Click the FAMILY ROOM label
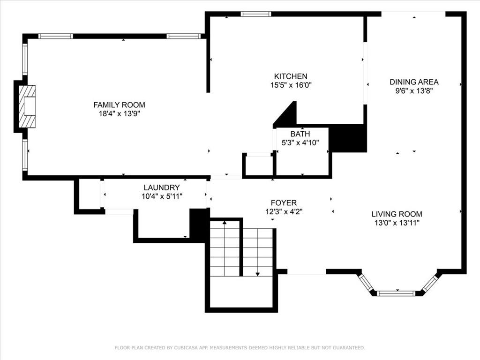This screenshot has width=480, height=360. pyautogui.click(x=119, y=105)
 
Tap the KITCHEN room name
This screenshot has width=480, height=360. pyautogui.click(x=291, y=76)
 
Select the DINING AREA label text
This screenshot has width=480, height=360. pyautogui.click(x=414, y=82)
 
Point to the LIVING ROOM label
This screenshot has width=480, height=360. pyautogui.click(x=397, y=214)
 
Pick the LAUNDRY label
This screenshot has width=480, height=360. pyautogui.click(x=162, y=187)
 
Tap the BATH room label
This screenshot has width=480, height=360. pyautogui.click(x=300, y=134)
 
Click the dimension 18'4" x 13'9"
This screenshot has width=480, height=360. pyautogui.click(x=119, y=113)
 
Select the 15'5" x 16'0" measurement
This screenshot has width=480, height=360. pyautogui.click(x=291, y=85)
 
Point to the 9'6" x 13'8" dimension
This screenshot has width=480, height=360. pyautogui.click(x=414, y=91)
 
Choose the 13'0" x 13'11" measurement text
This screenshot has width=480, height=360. pyautogui.click(x=397, y=223)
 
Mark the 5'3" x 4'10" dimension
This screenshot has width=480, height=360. pyautogui.click(x=300, y=142)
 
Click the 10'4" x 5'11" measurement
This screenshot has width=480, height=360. pyautogui.click(x=162, y=196)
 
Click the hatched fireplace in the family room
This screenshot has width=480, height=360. pyautogui.click(x=27, y=106)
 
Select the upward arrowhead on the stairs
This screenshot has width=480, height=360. pyautogui.click(x=225, y=222)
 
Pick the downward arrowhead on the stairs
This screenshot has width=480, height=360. pyautogui.click(x=258, y=274)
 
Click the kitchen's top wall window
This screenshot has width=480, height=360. pyautogui.click(x=255, y=14)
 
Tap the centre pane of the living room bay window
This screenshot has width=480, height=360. pyautogui.click(x=396, y=293)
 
